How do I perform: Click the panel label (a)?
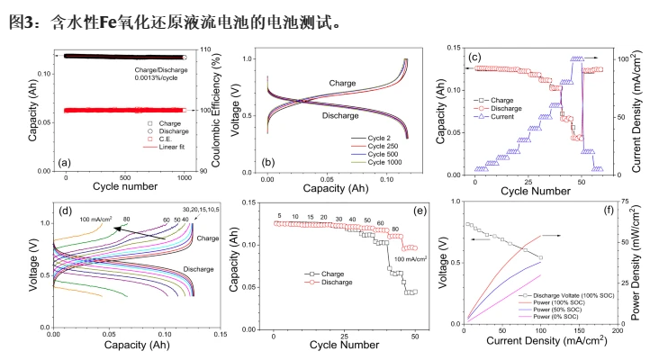pyautogui.click(x=63, y=163)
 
